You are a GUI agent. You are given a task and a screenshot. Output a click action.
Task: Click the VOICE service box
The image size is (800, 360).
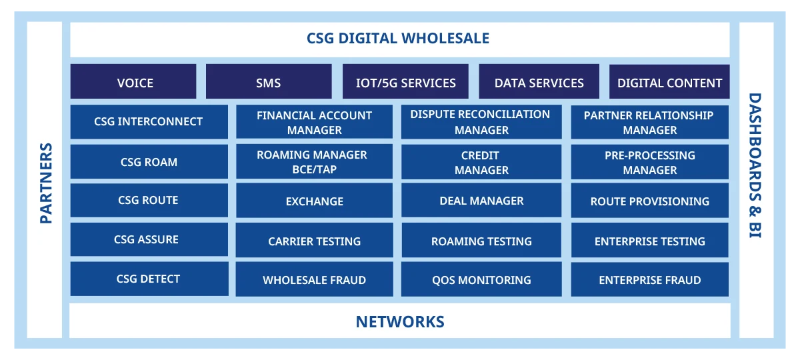[x=133, y=81]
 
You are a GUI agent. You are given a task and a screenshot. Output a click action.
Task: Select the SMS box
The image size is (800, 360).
[x=269, y=81]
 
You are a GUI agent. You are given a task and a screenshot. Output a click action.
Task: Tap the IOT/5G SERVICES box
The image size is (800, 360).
[x=405, y=81]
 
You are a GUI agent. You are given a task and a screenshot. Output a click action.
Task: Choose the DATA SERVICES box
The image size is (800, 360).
[x=539, y=81]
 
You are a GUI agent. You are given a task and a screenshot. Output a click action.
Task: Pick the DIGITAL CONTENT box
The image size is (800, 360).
[x=669, y=81]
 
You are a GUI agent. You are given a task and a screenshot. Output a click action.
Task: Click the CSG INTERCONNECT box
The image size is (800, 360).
[x=149, y=122]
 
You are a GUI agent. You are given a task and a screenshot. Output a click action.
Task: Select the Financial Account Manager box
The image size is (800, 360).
[x=314, y=122]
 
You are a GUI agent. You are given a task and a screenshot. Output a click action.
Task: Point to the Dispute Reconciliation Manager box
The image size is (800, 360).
[x=481, y=122]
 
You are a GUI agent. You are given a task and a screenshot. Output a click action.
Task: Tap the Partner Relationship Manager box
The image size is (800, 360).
[x=649, y=122]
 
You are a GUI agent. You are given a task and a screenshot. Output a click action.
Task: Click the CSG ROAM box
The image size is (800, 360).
[x=149, y=161]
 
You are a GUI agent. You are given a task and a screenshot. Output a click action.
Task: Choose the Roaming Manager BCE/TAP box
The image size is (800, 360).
[x=314, y=161]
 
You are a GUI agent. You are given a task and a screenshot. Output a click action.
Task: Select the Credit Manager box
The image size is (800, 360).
[x=481, y=162]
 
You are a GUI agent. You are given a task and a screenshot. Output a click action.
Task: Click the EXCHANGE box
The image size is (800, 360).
[x=314, y=201]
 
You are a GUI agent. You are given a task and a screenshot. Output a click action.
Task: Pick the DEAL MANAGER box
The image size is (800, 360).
[x=481, y=201]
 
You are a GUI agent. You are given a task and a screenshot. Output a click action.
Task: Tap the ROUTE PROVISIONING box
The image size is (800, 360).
[x=649, y=201]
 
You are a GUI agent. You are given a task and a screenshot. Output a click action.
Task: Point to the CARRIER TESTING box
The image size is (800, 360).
[x=314, y=240]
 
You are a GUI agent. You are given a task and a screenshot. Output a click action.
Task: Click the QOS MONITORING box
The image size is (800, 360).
[x=481, y=279]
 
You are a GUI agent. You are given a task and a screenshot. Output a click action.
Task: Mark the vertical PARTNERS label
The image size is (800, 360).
[x=46, y=183]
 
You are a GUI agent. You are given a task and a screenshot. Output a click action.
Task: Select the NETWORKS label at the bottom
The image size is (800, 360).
[x=400, y=322]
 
